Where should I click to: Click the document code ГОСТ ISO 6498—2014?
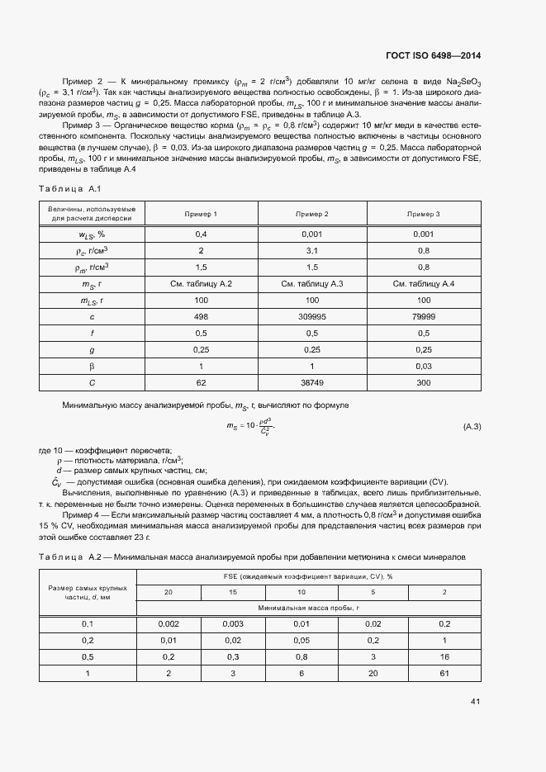tap(433, 56)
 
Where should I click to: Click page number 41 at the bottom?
tap(475, 702)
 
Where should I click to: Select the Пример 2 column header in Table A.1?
tap(312, 214)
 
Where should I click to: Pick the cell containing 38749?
tap(312, 382)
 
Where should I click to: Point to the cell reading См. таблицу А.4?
tap(423, 283)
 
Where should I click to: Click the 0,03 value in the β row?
tap(423, 366)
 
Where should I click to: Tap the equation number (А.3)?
tap(470, 427)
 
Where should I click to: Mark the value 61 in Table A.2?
tap(445, 674)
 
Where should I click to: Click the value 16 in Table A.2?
tap(445, 657)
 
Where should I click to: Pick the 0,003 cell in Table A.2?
tap(232, 624)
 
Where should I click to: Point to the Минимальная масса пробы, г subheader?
tap(307, 607)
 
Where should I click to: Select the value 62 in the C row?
tap(201, 382)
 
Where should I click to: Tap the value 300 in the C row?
tap(423, 382)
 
